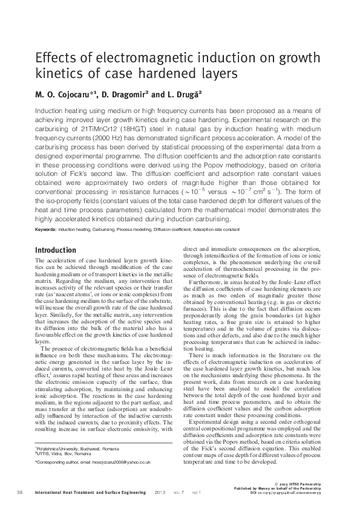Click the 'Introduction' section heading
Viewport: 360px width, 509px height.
56,250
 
